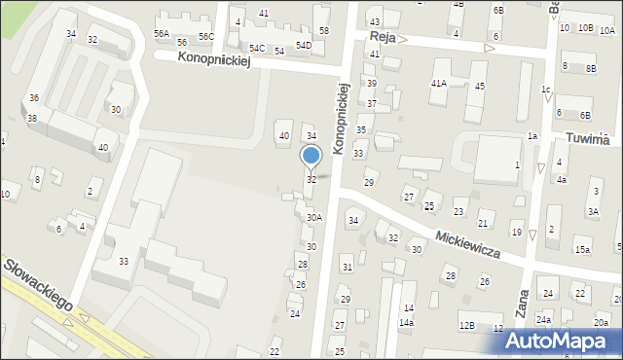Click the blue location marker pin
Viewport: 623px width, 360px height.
[311, 157]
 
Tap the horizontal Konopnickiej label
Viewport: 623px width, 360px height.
[215, 59]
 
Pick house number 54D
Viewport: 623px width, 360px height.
[304, 46]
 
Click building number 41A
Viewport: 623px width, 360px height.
[439, 84]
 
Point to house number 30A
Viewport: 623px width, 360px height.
[313, 218]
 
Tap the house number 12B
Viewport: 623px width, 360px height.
[467, 326]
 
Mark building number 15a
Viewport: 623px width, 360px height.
[582, 250]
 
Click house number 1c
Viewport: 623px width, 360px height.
[546, 90]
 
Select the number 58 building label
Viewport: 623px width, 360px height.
[323, 31]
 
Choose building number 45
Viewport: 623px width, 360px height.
[479, 87]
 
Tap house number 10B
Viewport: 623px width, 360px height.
[584, 27]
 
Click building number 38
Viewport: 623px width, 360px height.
[31, 119]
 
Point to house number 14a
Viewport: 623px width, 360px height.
[408, 322]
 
